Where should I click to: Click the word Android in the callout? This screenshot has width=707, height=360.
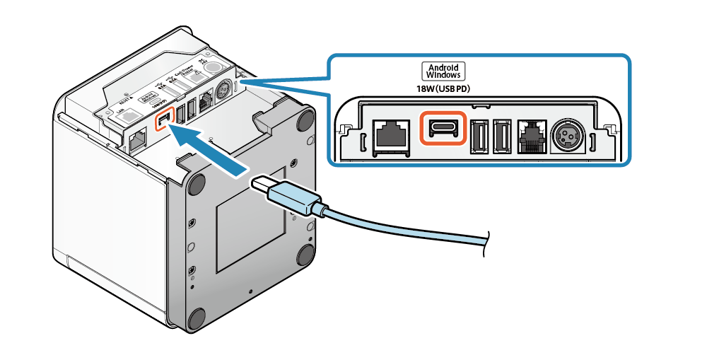click(444, 66)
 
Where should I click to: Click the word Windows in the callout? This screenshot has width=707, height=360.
click(444, 74)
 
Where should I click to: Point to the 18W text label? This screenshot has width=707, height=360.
click(426, 88)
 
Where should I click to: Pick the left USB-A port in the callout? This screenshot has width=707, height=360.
click(477, 134)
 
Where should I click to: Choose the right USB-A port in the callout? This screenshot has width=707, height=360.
click(501, 134)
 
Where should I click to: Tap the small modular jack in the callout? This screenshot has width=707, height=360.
click(531, 134)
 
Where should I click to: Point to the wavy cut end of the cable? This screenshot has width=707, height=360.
click(484, 243)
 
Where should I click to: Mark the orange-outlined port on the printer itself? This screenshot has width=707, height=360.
click(164, 120)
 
